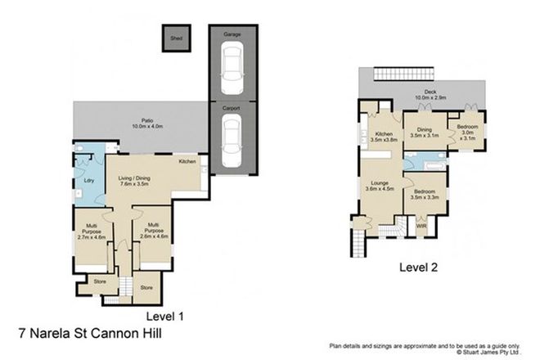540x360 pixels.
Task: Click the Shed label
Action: pyautogui.click(x=176, y=38)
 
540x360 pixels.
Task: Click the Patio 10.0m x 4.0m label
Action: pyautogui.click(x=140, y=124)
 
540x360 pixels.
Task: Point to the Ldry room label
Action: pyautogui.click(x=88, y=181)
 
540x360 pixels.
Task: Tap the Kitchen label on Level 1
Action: pyautogui.click(x=188, y=161)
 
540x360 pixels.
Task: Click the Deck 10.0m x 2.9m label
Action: pyautogui.click(x=423, y=95)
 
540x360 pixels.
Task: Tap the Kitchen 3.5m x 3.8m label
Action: pyautogui.click(x=383, y=137)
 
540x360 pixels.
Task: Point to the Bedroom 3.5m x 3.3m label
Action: pyautogui.click(x=425, y=194)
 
